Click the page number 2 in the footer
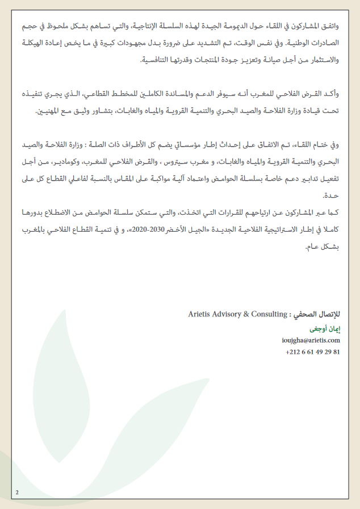[x=18, y=492]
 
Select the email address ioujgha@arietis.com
[x=311, y=340]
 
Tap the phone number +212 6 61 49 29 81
[x=313, y=352]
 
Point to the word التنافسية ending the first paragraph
[x=153, y=60]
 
